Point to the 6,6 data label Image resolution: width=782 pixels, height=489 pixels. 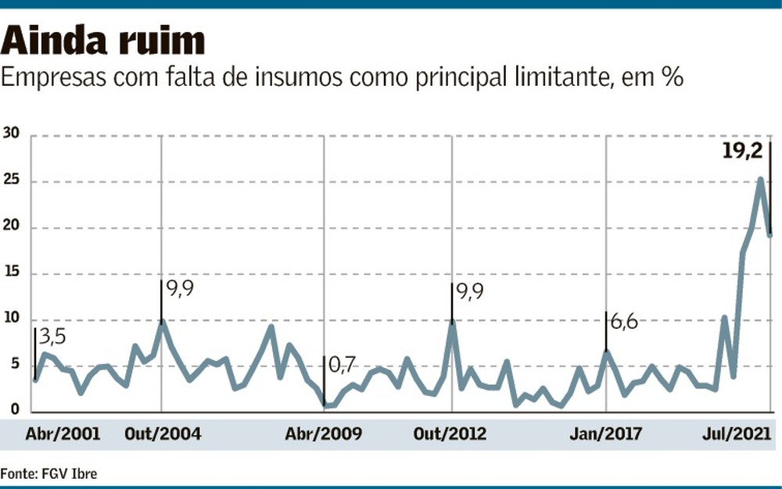coord(622,322)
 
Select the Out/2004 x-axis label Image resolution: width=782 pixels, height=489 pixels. coord(163,434)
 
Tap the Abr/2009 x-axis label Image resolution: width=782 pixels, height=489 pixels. coord(324,434)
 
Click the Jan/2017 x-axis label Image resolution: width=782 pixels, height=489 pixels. coord(606,434)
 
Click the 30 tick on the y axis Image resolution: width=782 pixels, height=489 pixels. coord(12,136)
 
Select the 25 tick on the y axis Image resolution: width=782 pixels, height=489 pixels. coord(12,182)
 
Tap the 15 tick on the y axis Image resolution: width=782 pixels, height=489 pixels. coord(12,274)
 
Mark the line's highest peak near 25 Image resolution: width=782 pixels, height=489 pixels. coord(760,180)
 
